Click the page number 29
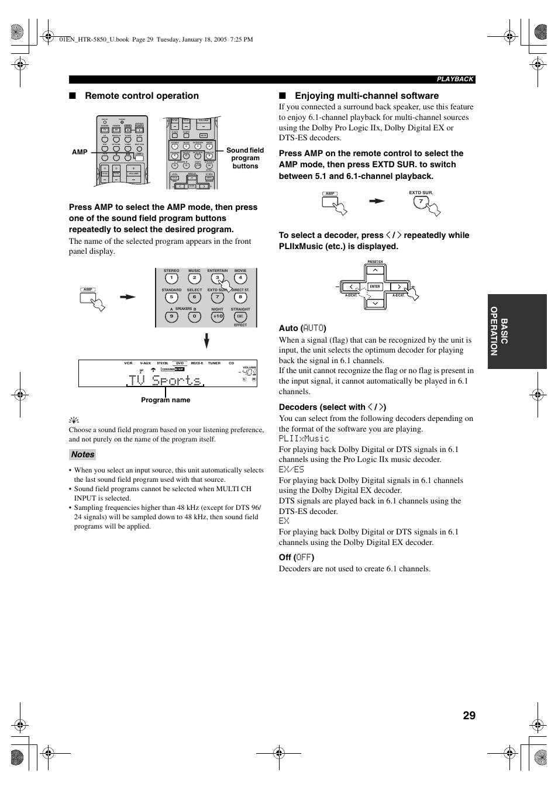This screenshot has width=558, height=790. [x=469, y=715]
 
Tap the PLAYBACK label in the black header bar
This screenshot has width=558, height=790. [x=455, y=79]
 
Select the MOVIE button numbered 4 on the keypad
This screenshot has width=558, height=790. [x=240, y=279]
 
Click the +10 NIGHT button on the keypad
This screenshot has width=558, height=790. [x=218, y=316]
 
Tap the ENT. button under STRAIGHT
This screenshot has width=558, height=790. [x=240, y=316]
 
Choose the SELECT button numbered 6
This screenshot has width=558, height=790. [x=194, y=298]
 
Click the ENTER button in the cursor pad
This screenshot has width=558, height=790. [x=375, y=287]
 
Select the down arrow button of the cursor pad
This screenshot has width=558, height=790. [x=375, y=303]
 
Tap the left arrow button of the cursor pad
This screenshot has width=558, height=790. [x=351, y=287]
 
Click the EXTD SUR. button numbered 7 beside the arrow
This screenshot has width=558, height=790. [x=421, y=202]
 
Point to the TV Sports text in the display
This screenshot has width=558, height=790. [x=165, y=381]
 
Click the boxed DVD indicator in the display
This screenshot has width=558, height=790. [x=180, y=363]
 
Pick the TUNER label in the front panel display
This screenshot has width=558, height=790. [x=214, y=363]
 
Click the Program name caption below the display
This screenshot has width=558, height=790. [x=166, y=400]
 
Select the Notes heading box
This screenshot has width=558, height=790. [x=82, y=454]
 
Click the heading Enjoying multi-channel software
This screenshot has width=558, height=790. [x=366, y=96]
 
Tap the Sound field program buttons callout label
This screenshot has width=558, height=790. [x=245, y=158]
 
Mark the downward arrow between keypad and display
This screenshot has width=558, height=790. [x=206, y=340]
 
